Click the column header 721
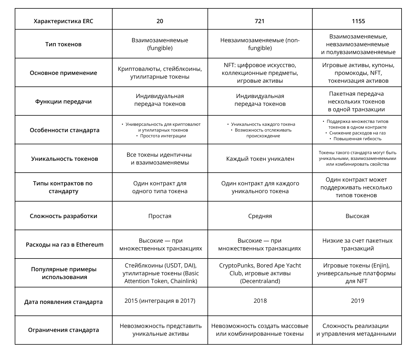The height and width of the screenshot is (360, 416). tap(260, 21)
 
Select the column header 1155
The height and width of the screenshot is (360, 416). tap(358, 21)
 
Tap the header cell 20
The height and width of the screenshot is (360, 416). tap(160, 21)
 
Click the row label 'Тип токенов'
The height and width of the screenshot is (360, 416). tap(64, 44)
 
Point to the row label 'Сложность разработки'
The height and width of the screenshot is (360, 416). tap(64, 216)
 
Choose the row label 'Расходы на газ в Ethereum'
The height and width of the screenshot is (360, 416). tap(64, 245)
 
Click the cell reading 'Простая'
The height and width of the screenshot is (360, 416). tap(160, 216)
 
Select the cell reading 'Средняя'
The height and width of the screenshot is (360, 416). tap(260, 216)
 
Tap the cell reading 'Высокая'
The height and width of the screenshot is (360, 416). tap(357, 216)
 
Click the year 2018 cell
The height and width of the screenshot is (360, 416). tap(260, 301)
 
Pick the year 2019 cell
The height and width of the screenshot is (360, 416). tap(357, 301)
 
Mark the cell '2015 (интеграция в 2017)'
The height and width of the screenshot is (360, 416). tap(160, 301)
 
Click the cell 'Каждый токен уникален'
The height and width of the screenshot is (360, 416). tap(260, 159)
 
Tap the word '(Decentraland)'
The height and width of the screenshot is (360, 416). tap(260, 281)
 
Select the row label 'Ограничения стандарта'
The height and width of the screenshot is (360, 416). tap(64, 330)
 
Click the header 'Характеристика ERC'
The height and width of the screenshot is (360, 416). tap(64, 21)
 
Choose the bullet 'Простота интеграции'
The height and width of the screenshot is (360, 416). tap(163, 136)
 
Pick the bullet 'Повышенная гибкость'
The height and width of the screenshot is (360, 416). tap(357, 139)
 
